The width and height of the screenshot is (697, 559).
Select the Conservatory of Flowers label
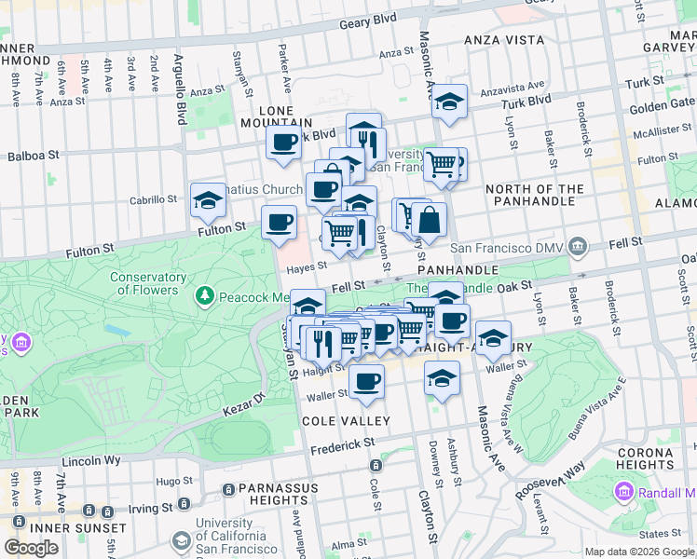pos(147,283)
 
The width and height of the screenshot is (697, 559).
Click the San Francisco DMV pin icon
pos(579,247)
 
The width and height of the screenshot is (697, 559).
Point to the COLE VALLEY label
pos(337,421)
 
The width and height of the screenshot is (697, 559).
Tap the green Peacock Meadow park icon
pos(205,296)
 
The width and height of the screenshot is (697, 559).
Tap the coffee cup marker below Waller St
pos(366,382)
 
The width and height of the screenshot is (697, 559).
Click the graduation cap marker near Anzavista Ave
pos(449,102)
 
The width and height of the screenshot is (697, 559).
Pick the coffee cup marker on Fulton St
pos(279,223)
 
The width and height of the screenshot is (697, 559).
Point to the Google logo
pos(31,548)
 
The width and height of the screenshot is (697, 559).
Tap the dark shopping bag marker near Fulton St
pos(430,221)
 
